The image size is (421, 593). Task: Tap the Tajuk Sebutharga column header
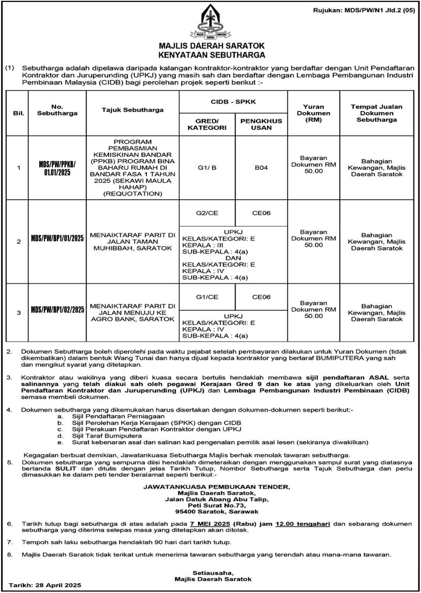point(133,110)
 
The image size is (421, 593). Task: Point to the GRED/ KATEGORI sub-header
point(207,124)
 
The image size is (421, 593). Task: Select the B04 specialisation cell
point(261,168)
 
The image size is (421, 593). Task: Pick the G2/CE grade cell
point(207,213)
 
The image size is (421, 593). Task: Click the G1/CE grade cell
point(207,297)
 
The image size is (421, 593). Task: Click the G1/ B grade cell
point(207,168)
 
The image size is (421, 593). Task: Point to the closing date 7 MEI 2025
point(210,524)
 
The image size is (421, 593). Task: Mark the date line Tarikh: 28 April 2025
point(45,585)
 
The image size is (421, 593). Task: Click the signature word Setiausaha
point(213,572)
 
